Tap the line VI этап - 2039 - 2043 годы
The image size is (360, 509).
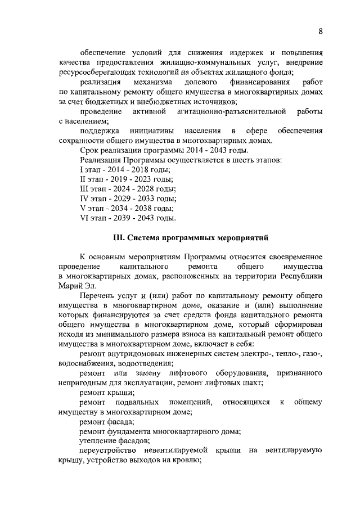[128, 218]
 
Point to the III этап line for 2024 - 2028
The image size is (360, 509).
[128, 189]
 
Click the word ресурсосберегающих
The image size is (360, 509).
[93, 73]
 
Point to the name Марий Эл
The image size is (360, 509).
[76, 285]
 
